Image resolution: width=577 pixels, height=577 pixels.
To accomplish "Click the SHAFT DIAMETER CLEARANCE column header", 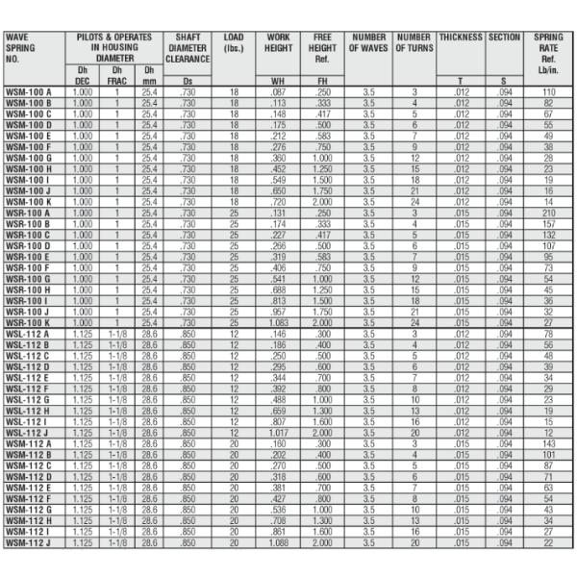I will click(188, 47).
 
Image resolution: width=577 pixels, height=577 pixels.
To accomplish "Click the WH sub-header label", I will click(278, 81).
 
